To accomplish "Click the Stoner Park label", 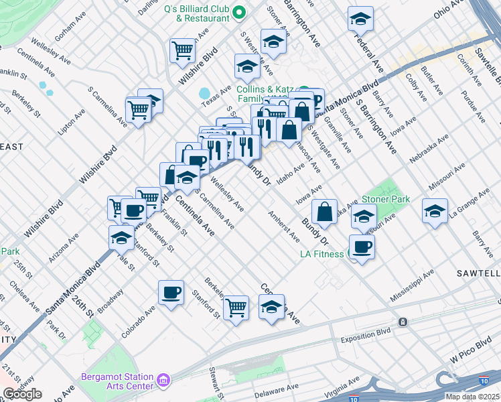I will click(x=385, y=199).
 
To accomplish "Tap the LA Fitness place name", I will click(x=321, y=254).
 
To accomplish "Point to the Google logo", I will click(x=22, y=394).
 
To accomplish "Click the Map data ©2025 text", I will click(x=473, y=397).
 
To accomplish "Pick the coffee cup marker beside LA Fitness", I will click(x=362, y=247).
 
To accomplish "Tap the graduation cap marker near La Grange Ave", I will click(x=435, y=212).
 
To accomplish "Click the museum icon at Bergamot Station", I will click(x=163, y=382).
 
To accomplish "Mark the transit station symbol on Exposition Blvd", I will click(x=403, y=322).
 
